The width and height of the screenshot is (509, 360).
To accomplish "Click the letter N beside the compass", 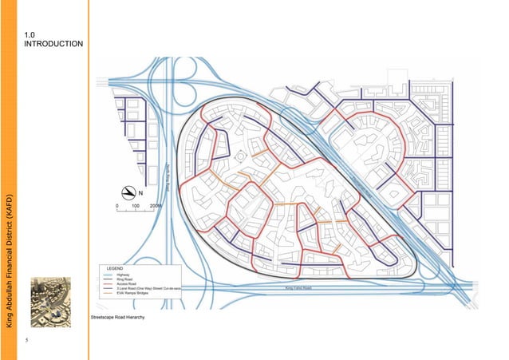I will tap(140, 193).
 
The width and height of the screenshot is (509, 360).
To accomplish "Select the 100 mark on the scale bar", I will tap(136, 205).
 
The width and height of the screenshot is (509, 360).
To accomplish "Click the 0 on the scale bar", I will tap(116, 205).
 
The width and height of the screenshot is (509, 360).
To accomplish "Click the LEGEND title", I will tap(115, 268).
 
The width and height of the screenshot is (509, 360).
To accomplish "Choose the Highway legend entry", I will tap(123, 274).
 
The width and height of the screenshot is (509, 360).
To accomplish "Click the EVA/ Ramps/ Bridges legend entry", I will tap(133, 293).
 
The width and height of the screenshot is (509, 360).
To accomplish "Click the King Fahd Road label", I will tap(298, 288).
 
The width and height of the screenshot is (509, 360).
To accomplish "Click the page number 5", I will tap(26, 342).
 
